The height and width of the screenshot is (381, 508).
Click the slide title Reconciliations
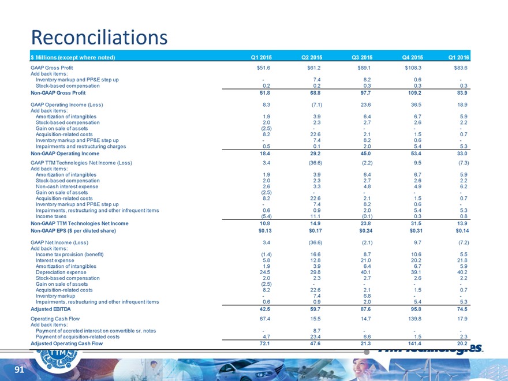pos(99,38)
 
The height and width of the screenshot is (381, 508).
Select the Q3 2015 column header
pos(362,57)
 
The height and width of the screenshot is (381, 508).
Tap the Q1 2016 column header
pos(459,57)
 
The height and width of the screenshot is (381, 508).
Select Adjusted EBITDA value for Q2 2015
pos(313,309)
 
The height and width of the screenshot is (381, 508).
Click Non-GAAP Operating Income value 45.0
pos(363,154)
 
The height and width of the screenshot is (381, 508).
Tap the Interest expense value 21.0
pos(363,260)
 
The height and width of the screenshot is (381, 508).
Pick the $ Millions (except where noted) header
pos(73,57)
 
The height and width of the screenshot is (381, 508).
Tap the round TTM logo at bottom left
pos(58,356)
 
